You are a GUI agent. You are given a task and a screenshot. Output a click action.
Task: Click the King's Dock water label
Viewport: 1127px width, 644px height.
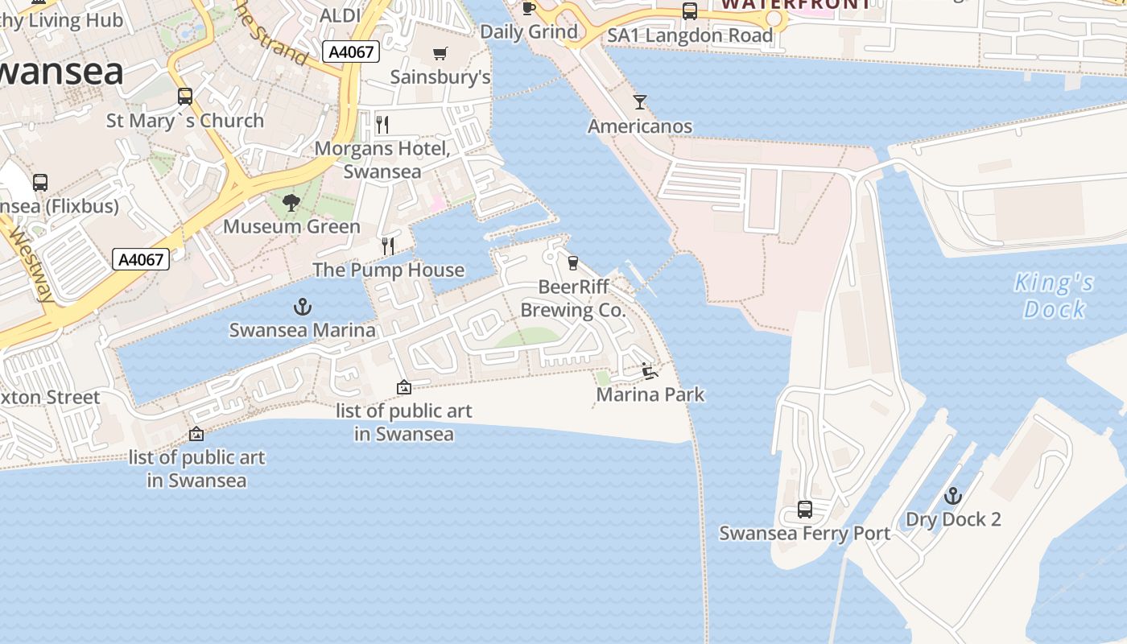1054,295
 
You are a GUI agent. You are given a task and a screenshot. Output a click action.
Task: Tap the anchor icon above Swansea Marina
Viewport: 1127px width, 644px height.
302,307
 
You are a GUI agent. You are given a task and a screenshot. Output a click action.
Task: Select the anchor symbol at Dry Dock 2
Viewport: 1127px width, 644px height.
953,496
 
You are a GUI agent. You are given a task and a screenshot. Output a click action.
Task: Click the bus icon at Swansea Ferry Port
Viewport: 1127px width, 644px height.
805,510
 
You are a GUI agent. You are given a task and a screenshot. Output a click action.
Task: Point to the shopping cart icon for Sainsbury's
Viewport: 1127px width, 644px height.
440,54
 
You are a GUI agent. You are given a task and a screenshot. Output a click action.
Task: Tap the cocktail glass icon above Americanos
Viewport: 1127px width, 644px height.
640,102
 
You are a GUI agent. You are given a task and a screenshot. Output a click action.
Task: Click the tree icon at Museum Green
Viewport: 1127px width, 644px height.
291,204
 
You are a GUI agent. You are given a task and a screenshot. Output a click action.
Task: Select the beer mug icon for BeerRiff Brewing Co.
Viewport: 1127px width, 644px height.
573,263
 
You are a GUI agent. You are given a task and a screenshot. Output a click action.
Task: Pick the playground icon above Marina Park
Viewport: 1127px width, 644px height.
650,371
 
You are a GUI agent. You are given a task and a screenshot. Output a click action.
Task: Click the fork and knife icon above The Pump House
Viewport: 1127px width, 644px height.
388,246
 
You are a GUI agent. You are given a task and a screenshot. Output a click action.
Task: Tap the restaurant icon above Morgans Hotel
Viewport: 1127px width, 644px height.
382,125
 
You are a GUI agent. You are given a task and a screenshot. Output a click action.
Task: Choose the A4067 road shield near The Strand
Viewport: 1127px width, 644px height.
352,52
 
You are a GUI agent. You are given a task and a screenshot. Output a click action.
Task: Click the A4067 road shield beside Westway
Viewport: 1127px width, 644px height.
142,259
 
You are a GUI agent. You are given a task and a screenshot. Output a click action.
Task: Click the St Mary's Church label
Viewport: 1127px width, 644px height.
185,121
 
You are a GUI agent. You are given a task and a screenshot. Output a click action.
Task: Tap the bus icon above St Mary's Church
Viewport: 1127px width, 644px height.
185,97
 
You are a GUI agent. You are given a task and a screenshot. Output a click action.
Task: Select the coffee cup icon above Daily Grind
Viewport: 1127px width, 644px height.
528,8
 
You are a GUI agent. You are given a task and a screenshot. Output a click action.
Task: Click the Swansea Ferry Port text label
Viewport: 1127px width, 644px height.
804,533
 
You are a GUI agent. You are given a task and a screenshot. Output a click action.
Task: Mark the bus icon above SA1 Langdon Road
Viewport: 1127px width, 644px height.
690,11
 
